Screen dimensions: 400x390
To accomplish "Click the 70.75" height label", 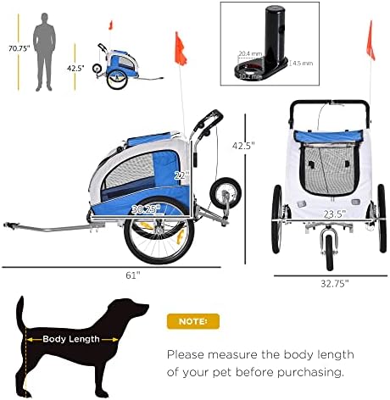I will [16, 48].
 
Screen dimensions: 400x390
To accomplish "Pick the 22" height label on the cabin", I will [181, 175].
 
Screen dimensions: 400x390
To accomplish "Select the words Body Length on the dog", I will [70, 338].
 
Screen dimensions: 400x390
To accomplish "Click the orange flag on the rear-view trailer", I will [370, 36].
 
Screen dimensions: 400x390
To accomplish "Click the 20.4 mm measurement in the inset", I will [249, 53].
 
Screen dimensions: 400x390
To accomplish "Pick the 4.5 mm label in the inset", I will [303, 62].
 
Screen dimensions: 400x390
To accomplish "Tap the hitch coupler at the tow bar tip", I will [10, 226].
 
